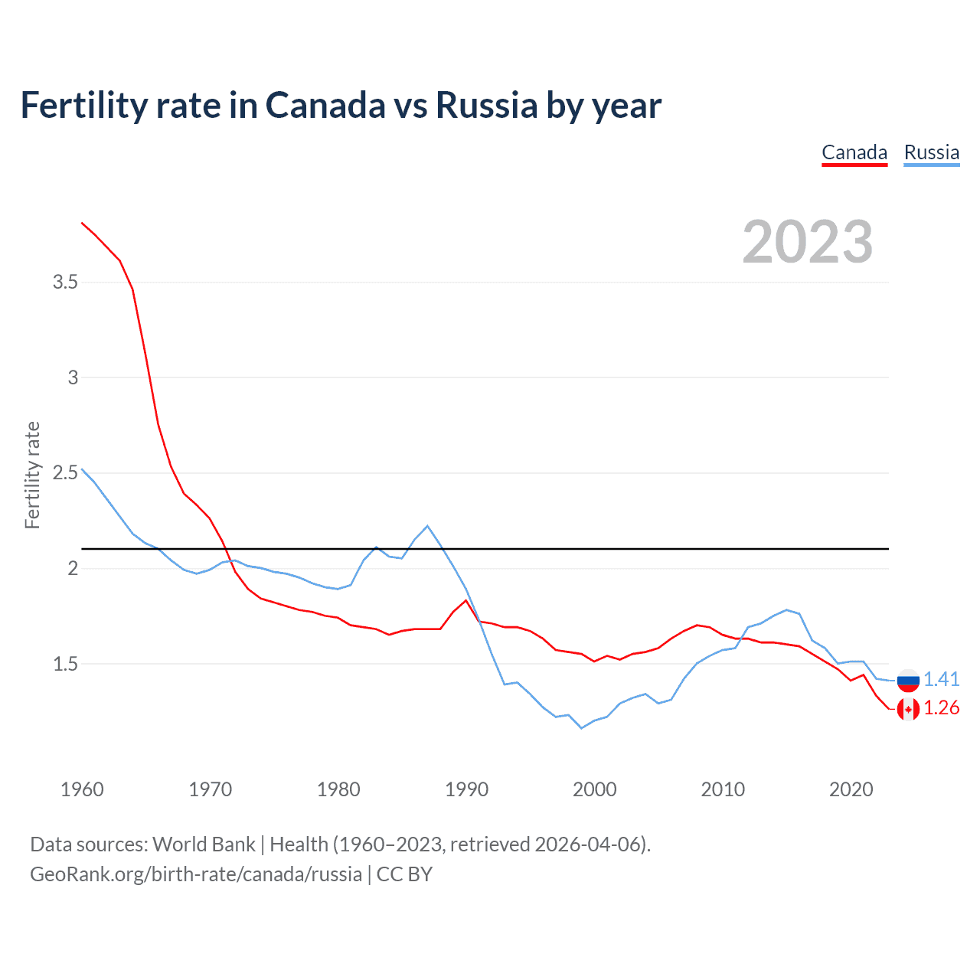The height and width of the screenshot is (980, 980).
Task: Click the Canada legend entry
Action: point(854,153)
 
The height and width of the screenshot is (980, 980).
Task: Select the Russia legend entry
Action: point(931,153)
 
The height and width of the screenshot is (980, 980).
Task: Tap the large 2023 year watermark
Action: point(808,242)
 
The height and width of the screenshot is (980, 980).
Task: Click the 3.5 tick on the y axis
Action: point(65,283)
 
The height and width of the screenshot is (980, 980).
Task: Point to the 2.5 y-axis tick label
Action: point(65,473)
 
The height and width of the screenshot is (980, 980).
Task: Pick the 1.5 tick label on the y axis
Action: point(65,664)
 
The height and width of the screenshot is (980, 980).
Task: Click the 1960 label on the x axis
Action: point(82,789)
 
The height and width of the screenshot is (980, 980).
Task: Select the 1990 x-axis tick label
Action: point(466,789)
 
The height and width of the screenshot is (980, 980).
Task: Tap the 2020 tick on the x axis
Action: point(851,789)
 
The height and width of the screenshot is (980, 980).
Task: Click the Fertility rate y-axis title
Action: point(32,475)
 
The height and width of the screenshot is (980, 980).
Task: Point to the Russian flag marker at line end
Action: point(908,680)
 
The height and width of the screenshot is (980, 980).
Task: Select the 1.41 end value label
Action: point(941,680)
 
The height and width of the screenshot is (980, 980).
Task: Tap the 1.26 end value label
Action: point(941,708)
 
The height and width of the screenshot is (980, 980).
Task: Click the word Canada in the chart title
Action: point(325,106)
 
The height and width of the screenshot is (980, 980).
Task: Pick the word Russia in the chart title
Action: point(487,106)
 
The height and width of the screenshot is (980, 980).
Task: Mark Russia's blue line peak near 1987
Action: point(427,526)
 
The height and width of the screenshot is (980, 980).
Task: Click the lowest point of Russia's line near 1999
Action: point(581,728)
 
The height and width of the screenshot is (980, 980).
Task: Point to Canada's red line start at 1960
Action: point(82,223)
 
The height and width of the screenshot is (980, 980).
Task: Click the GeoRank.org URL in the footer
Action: point(196,874)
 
